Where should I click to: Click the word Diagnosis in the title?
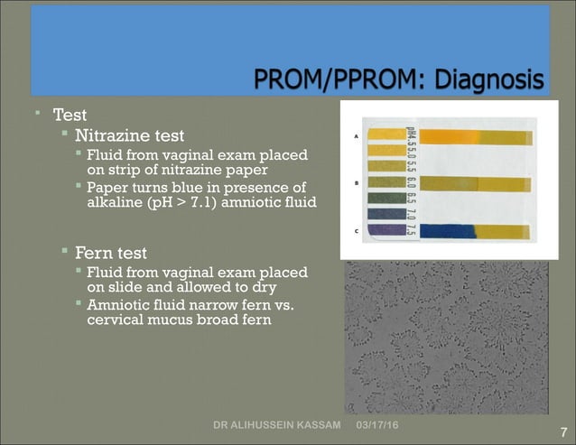point(489,82)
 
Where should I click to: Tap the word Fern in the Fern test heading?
point(93,252)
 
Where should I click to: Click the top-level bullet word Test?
point(70,116)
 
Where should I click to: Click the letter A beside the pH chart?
point(358,137)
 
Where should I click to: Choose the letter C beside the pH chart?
point(358,231)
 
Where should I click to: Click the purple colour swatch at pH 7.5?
point(387,229)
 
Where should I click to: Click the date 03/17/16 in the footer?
point(382,424)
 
